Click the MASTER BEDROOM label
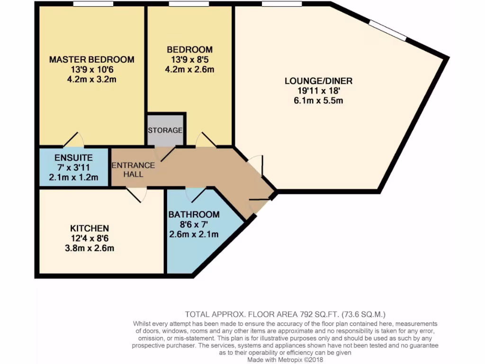click(91, 60)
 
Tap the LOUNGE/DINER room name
click(318, 81)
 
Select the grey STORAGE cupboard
click(165, 130)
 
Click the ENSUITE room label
click(73, 158)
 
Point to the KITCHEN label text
click(90, 228)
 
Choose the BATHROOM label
click(194, 214)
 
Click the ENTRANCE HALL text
click(126, 170)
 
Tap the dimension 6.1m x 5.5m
click(318, 100)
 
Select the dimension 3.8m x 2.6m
click(90, 248)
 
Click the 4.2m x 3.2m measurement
click(91, 79)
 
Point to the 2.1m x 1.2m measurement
click(73, 178)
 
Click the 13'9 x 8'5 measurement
click(189, 60)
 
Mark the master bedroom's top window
click(93, 4)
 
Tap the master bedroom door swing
click(73, 140)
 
